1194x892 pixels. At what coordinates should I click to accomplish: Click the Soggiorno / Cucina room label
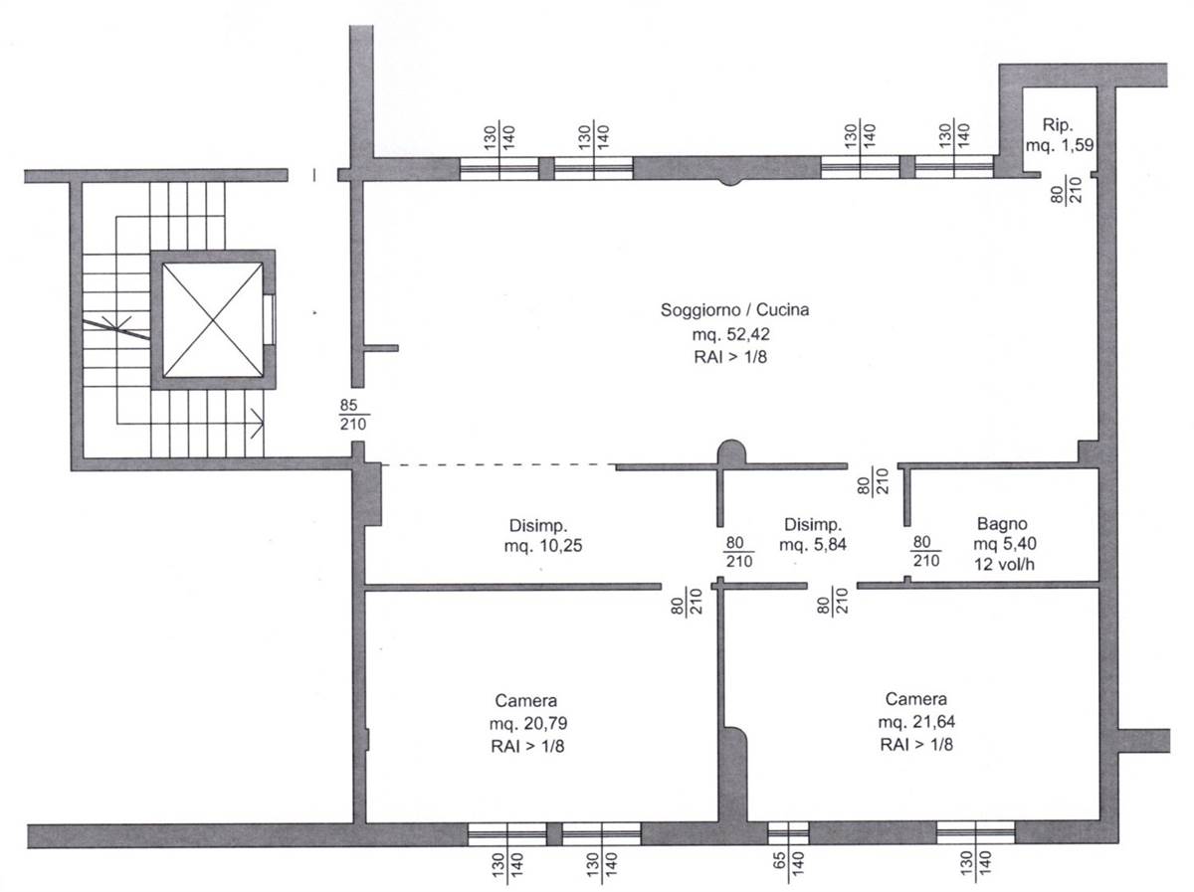(734, 310)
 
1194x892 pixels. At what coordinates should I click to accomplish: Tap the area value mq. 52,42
(730, 334)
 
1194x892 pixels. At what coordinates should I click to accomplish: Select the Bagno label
(1002, 523)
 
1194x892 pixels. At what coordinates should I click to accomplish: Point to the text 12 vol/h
(1004, 564)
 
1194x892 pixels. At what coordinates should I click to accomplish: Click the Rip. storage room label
(1058, 125)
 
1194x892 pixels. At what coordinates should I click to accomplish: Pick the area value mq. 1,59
(1059, 145)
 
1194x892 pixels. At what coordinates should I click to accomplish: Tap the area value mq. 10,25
(543, 545)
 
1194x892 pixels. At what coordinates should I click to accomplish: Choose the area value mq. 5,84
(813, 544)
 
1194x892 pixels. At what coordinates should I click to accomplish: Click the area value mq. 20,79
(528, 723)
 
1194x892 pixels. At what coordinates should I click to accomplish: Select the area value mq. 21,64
(916, 721)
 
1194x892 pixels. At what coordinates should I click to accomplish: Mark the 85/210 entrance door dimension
(353, 415)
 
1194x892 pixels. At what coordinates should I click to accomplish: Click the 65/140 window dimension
(788, 867)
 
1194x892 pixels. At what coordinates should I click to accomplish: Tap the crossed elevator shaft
(213, 319)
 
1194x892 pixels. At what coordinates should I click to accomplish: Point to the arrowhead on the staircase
(258, 423)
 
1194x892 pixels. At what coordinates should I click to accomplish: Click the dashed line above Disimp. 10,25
(497, 465)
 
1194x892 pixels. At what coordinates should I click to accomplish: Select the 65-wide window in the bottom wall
(788, 832)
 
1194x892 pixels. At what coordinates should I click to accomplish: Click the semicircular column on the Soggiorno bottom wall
(731, 452)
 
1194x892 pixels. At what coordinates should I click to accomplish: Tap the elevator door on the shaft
(270, 319)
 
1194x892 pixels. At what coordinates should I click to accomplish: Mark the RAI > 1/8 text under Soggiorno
(730, 357)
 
